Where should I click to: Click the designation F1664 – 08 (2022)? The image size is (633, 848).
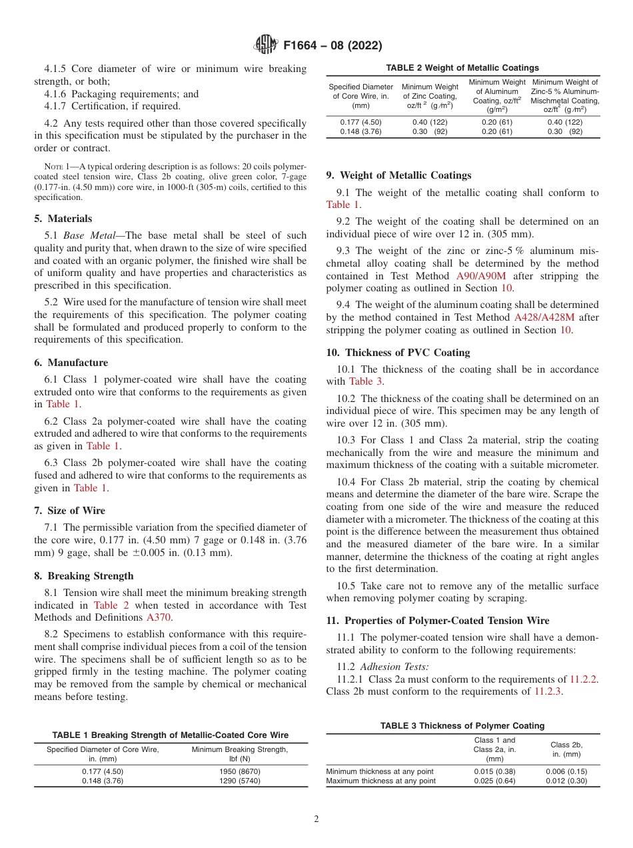[332, 46]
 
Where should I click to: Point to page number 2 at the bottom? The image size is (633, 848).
[316, 819]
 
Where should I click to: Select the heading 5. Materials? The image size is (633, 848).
[63, 219]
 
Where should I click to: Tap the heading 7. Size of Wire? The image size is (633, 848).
[69, 511]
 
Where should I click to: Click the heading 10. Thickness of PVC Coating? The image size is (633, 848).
[398, 353]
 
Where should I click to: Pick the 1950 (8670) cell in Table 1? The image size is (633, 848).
[240, 771]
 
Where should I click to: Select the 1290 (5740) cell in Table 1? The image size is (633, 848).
[240, 781]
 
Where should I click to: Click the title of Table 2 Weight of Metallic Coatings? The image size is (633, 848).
[463, 68]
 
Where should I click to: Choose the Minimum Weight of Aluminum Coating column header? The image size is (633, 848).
[496, 95]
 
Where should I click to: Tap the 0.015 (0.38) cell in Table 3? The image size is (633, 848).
[494, 771]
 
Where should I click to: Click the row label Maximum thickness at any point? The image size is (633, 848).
[380, 781]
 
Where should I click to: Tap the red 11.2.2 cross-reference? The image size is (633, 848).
[583, 679]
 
